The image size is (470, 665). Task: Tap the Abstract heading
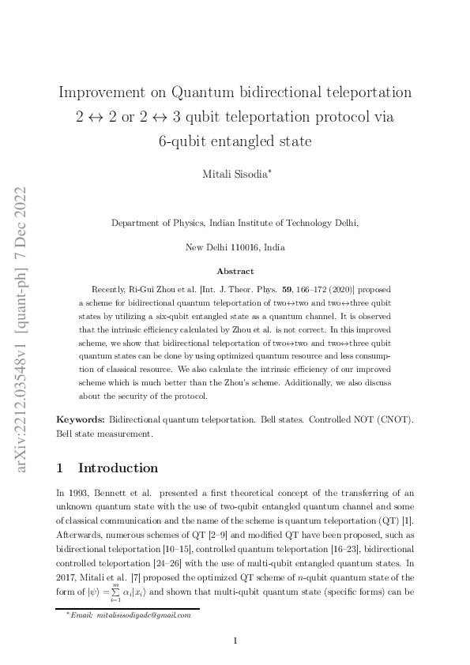pyautogui.click(x=235, y=271)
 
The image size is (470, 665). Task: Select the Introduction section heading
pyautogui.click(x=118, y=468)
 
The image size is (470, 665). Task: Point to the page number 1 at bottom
pyautogui.click(x=235, y=641)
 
